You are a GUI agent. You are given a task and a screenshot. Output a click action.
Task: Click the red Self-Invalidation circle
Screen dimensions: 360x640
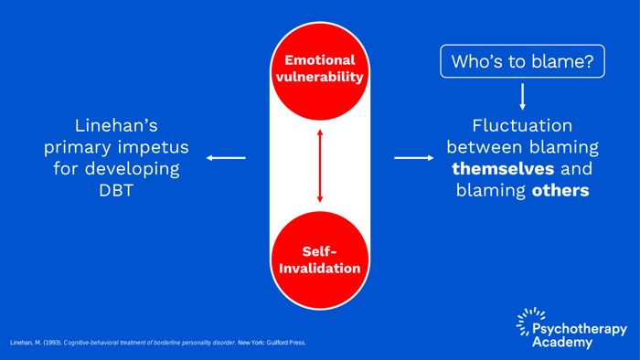pyautogui.click(x=319, y=259)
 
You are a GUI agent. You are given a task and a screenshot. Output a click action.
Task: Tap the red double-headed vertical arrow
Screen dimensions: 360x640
pyautogui.click(x=319, y=165)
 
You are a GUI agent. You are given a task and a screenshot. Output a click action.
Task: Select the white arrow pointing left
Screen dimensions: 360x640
pyautogui.click(x=226, y=158)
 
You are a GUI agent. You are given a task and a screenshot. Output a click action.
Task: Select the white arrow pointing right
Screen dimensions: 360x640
pyautogui.click(x=414, y=158)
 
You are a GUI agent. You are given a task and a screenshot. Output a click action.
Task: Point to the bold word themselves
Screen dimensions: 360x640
pyautogui.click(x=503, y=170)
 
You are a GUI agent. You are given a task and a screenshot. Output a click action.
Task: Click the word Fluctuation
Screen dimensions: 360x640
pyautogui.click(x=522, y=126)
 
